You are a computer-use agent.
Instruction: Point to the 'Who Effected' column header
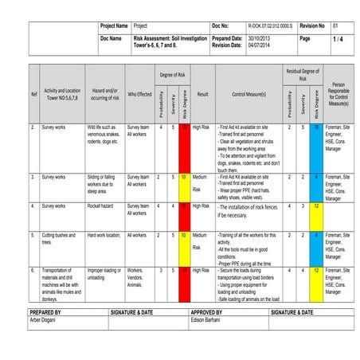click(x=139, y=94)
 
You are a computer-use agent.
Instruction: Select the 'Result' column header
click(x=202, y=94)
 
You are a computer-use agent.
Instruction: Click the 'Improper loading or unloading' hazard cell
click(x=103, y=274)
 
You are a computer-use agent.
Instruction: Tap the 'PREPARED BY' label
click(x=45, y=313)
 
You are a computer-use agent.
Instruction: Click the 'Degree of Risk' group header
click(x=172, y=74)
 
